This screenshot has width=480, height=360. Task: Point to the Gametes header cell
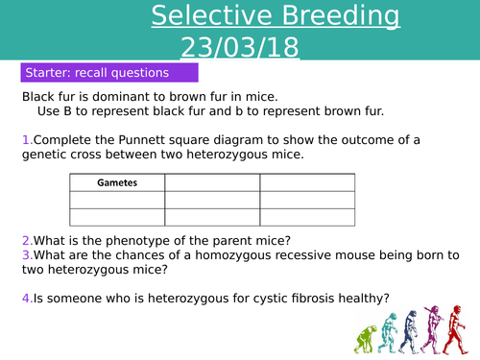point(117,182)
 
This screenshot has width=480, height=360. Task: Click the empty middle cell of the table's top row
point(212,182)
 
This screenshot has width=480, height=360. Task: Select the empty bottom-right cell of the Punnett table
point(306,217)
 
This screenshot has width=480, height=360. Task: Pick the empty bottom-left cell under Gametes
point(117,217)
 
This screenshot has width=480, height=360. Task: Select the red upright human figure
point(459,327)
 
